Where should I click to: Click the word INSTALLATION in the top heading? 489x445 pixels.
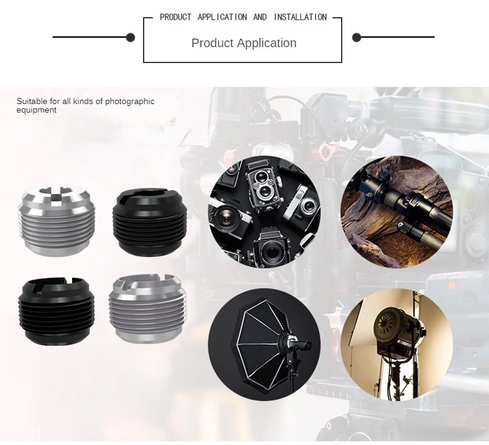click(300, 17)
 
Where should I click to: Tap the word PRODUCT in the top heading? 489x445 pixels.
click(175, 17)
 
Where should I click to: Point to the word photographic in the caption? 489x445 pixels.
click(130, 102)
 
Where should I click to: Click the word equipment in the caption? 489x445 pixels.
click(37, 110)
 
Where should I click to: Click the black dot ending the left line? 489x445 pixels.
click(130, 37)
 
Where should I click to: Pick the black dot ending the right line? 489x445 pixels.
click(356, 37)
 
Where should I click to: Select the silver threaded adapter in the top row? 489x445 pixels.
click(56, 220)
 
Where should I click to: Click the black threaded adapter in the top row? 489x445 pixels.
click(150, 222)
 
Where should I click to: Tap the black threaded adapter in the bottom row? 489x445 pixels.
click(56, 311)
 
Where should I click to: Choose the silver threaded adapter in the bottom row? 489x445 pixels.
click(147, 309)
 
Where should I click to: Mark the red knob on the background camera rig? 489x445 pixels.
click(325, 152)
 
